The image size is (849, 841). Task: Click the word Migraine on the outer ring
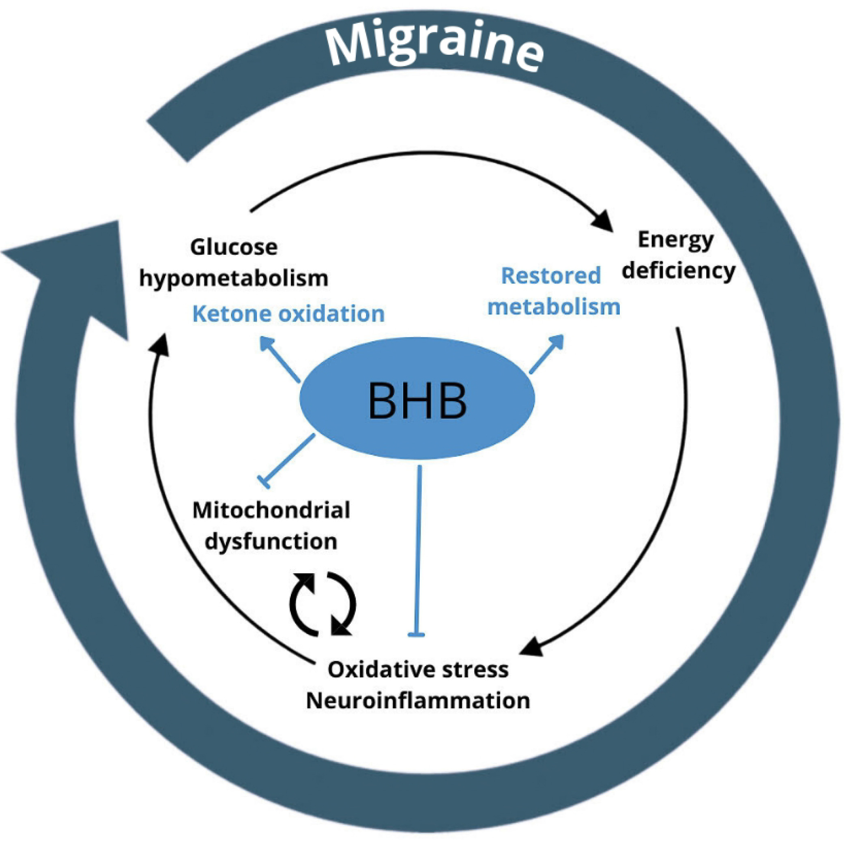434,46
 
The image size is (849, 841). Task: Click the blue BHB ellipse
417,398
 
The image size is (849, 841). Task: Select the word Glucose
234,247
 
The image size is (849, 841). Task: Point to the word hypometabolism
234,279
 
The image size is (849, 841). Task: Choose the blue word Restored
551,276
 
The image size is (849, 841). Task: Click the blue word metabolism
554,307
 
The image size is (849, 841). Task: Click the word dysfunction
271,542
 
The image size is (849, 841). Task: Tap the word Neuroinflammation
418,701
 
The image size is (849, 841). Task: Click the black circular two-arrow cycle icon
322,604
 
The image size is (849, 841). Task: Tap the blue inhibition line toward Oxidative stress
418,551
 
